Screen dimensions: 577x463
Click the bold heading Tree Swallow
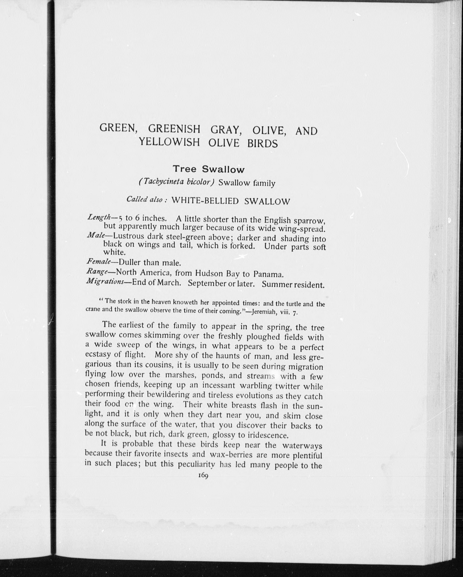209,169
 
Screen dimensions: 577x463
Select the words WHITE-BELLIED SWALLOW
231,201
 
